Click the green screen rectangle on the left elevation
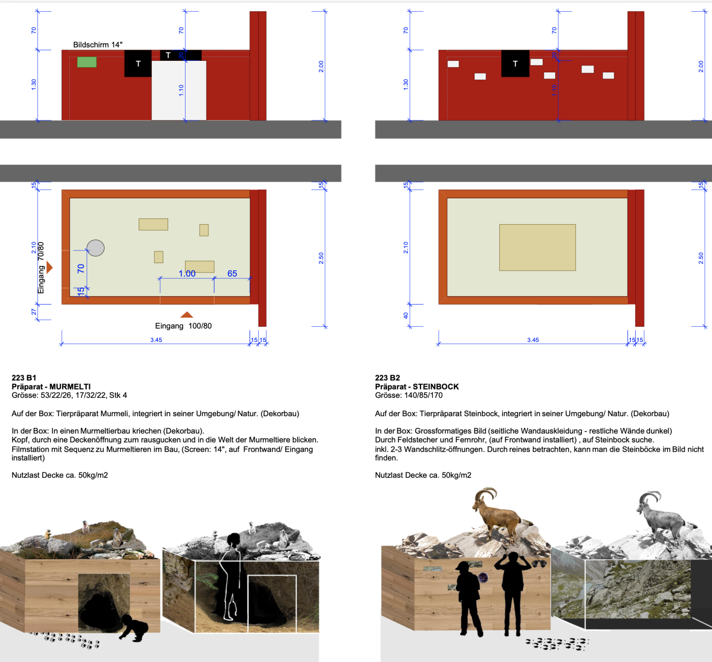pyautogui.click(x=87, y=62)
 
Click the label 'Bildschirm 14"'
pyautogui.click(x=97, y=44)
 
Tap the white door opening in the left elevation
pyautogui.click(x=179, y=90)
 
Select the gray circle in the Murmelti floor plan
pyautogui.click(x=96, y=248)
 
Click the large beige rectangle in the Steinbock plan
pyautogui.click(x=537, y=247)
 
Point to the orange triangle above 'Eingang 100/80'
pyautogui.click(x=187, y=315)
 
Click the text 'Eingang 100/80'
pyautogui.click(x=183, y=326)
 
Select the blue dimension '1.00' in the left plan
pyautogui.click(x=187, y=273)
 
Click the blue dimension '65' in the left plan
pyautogui.click(x=232, y=273)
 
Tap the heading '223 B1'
pyautogui.click(x=24, y=378)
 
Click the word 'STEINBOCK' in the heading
pyautogui.click(x=436, y=387)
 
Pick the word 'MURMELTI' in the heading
pyautogui.click(x=70, y=387)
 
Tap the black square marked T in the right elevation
pyautogui.click(x=515, y=64)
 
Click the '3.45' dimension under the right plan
pyautogui.click(x=533, y=340)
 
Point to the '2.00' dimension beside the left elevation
pyautogui.click(x=321, y=66)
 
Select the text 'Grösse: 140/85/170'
pyautogui.click(x=409, y=396)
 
